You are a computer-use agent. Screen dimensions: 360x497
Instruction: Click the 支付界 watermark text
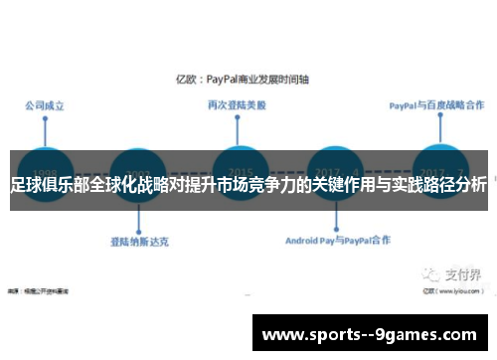pos(462,248)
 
